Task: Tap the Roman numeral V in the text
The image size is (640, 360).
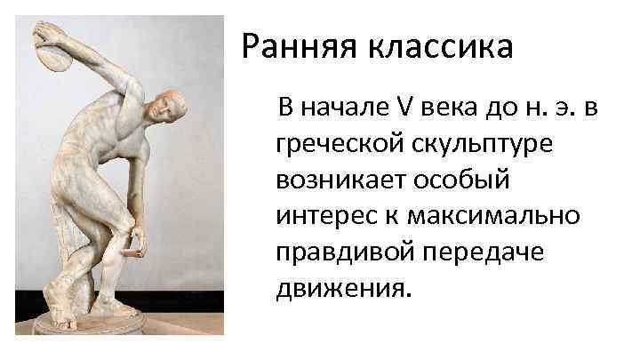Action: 399,108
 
